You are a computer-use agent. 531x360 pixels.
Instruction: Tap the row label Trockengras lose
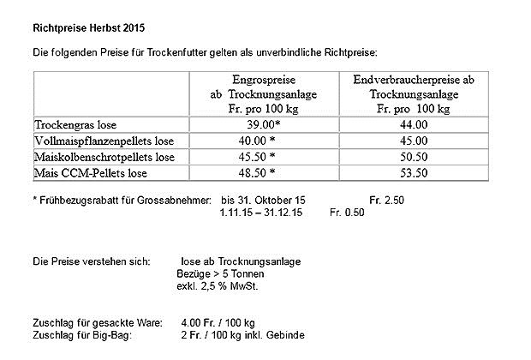tap(76, 124)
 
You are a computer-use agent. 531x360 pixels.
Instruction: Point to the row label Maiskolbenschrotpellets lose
tap(104, 157)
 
